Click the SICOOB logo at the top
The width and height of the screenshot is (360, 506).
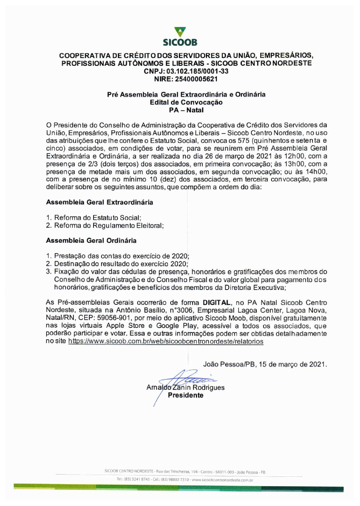point(180,37)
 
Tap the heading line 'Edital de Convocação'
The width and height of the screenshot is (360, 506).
point(186,102)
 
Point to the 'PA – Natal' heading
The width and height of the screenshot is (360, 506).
point(186,110)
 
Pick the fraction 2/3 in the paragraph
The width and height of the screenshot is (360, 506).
point(93,164)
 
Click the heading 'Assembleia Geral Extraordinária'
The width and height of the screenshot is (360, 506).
point(99,202)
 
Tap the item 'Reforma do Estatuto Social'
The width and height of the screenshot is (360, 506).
point(98,218)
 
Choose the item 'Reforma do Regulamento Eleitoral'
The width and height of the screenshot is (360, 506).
point(109,226)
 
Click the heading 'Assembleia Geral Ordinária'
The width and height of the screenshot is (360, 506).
point(91,241)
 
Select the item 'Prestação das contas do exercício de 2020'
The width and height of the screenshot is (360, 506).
point(121,256)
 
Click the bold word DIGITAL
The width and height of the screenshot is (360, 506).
point(217,303)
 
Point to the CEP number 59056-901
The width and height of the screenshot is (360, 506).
point(116,318)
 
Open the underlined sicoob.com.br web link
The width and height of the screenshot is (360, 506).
point(166,341)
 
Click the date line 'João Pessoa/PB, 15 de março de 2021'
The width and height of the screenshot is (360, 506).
point(265,364)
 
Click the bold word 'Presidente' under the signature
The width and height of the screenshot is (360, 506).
point(185,395)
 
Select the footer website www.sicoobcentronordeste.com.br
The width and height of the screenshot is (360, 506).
point(222,480)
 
